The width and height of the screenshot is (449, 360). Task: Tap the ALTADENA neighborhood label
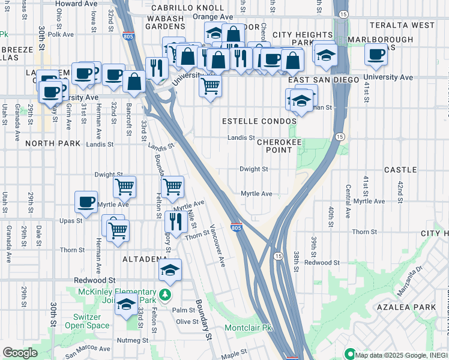pyautogui.click(x=145, y=259)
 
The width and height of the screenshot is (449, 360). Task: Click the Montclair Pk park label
pyautogui.click(x=249, y=328)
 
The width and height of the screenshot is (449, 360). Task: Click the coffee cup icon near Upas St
pyautogui.click(x=86, y=201)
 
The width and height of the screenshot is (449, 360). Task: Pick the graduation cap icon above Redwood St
pyautogui.click(x=170, y=269)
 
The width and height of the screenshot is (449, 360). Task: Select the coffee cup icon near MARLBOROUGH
pyautogui.click(x=376, y=54)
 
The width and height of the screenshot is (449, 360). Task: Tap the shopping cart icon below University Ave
pyautogui.click(x=210, y=86)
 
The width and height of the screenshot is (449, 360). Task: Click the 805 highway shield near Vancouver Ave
pyautogui.click(x=237, y=228)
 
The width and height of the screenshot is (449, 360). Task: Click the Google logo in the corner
pyautogui.click(x=20, y=353)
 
